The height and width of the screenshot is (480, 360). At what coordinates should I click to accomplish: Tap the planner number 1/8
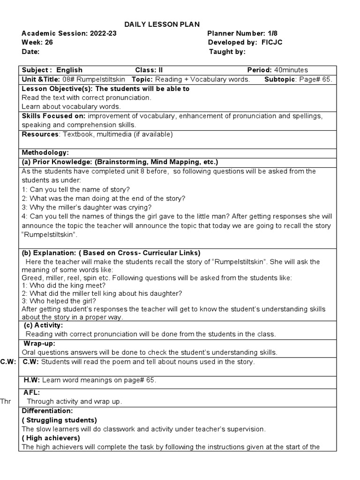[274, 33]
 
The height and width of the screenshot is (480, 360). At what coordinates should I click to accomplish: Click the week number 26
[45, 43]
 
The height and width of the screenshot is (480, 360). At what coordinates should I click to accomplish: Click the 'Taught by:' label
[227, 52]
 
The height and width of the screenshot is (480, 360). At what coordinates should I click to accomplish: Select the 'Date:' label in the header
[30, 52]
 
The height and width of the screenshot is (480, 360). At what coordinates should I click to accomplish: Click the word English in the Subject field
[69, 70]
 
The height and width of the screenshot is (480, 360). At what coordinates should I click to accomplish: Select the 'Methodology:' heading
[45, 153]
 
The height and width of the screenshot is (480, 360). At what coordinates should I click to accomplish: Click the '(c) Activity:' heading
[43, 325]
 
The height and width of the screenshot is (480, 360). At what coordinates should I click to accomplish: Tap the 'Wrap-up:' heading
[40, 344]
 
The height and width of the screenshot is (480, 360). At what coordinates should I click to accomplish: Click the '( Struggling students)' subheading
[60, 420]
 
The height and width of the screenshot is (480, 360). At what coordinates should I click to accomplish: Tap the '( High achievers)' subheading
[51, 438]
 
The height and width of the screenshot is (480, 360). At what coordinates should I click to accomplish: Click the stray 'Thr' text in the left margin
[5, 401]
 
